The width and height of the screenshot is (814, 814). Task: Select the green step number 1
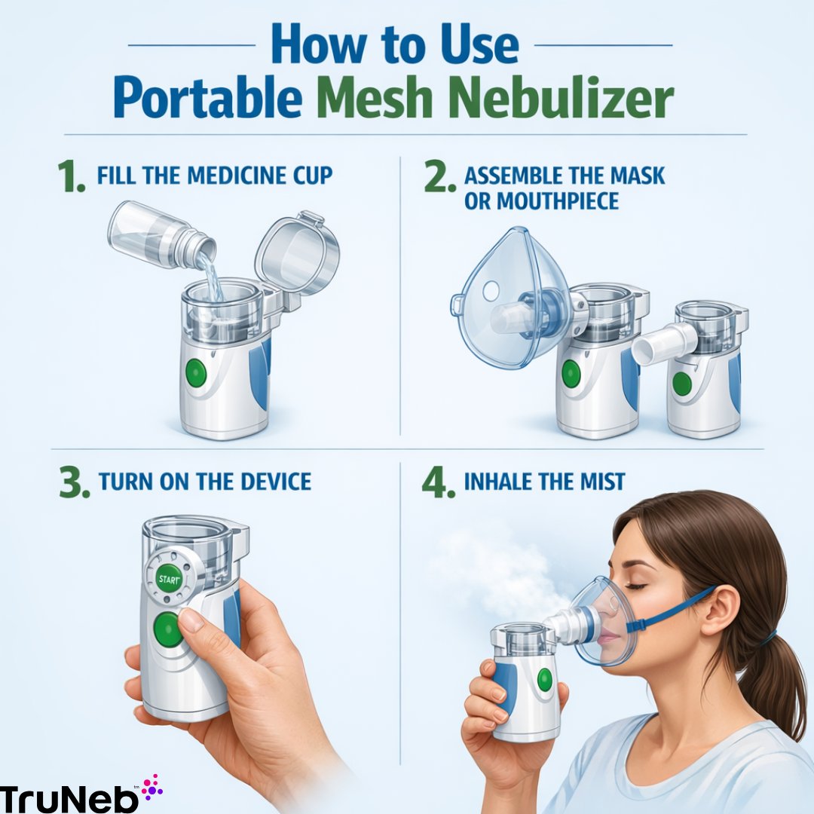(x=72, y=176)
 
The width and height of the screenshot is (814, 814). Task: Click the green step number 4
(x=438, y=482)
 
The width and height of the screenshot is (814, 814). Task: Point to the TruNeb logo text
(x=69, y=797)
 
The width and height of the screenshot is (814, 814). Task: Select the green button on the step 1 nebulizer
(x=196, y=373)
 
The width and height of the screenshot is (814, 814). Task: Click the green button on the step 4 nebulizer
(x=544, y=680)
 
